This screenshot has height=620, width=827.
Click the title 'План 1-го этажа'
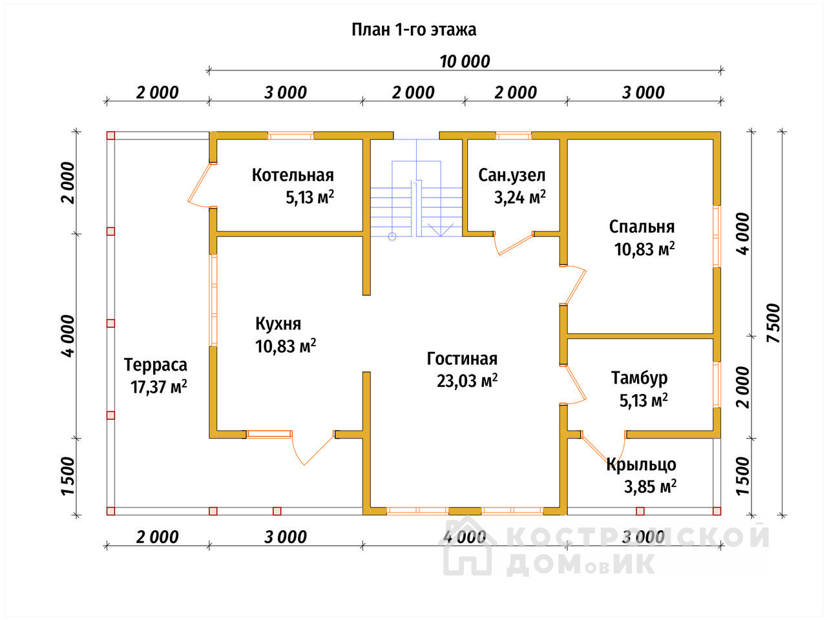pyautogui.click(x=413, y=30)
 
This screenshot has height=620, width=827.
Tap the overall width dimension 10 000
pyautogui.click(x=465, y=61)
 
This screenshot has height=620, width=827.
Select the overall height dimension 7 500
pyautogui.click(x=773, y=323)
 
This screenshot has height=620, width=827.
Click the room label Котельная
pyautogui.click(x=293, y=175)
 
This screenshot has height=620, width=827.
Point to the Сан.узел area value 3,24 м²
pyautogui.click(x=520, y=197)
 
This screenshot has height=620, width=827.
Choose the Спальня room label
pyautogui.click(x=642, y=227)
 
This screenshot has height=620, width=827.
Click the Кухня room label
pyautogui.click(x=278, y=324)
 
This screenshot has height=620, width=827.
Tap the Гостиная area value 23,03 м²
pyautogui.click(x=467, y=381)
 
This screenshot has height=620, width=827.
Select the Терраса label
pyautogui.click(x=156, y=365)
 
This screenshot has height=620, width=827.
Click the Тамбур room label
pyautogui.click(x=640, y=378)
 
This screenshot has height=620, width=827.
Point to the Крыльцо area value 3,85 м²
pyautogui.click(x=651, y=487)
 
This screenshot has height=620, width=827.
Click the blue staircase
pyautogui.click(x=416, y=188)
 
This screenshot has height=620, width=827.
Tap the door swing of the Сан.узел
pyautogui.click(x=514, y=243)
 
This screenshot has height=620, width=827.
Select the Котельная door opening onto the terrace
pyautogui.click(x=199, y=185)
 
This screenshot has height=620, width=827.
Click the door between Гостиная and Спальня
pyautogui.click(x=574, y=285)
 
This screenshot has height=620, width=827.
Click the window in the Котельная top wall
pyautogui.click(x=291, y=136)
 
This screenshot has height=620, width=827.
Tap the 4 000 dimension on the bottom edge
pyautogui.click(x=465, y=537)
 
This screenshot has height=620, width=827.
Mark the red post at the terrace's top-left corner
pyautogui.click(x=110, y=136)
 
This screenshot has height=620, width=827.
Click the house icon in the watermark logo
pyautogui.click(x=467, y=546)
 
